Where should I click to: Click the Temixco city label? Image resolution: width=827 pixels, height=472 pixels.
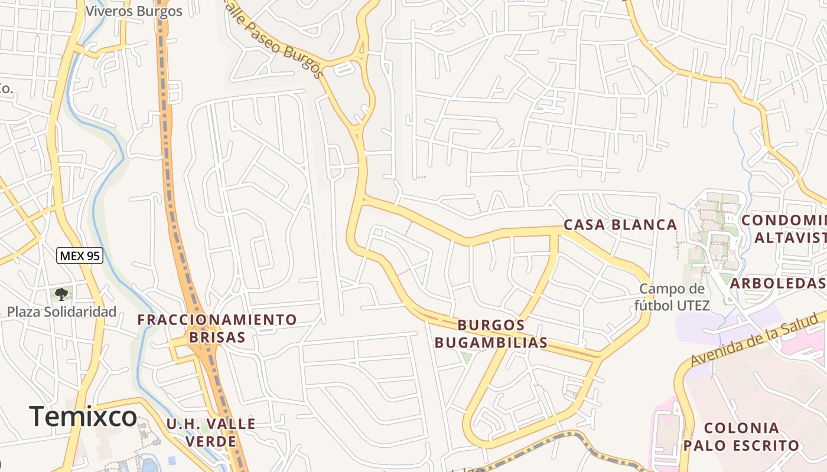(x=83, y=417)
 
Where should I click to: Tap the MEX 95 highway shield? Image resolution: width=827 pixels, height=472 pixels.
(x=80, y=255)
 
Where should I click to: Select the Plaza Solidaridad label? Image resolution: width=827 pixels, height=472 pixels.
(x=61, y=312)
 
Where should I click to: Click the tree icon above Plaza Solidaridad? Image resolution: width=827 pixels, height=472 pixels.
(x=61, y=294)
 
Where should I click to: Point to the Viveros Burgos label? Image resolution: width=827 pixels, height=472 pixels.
(x=134, y=11)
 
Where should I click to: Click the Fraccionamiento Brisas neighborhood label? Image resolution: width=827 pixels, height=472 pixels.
(x=217, y=329)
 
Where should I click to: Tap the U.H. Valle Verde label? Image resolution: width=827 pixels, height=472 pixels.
(x=210, y=432)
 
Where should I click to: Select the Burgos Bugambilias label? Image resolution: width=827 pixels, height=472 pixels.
(x=491, y=334)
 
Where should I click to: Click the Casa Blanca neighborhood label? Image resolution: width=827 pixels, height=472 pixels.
(x=620, y=225)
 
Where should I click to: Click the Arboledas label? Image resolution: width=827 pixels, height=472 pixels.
(x=777, y=283)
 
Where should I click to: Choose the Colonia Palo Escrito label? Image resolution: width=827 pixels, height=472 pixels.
(x=741, y=437)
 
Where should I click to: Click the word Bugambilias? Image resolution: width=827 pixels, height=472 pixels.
(x=491, y=343)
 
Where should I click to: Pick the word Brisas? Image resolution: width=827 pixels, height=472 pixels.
(x=217, y=337)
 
